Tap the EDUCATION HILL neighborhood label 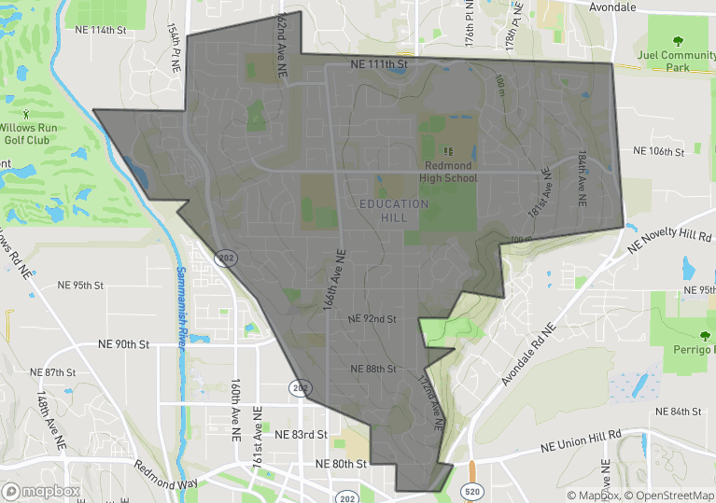click(x=393, y=210)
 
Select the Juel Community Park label click(x=675, y=61)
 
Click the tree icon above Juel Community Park click(x=677, y=40)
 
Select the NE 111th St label click(x=380, y=65)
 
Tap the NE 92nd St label click(x=372, y=319)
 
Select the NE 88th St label click(x=373, y=370)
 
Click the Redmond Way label click(x=166, y=476)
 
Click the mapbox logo click(x=41, y=491)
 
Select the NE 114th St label click(x=100, y=30)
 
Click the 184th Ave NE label click(x=581, y=172)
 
